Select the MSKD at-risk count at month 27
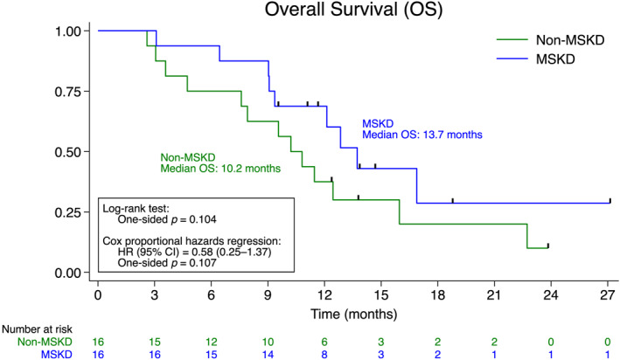click(610, 354)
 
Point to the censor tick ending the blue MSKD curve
click(610, 200)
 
